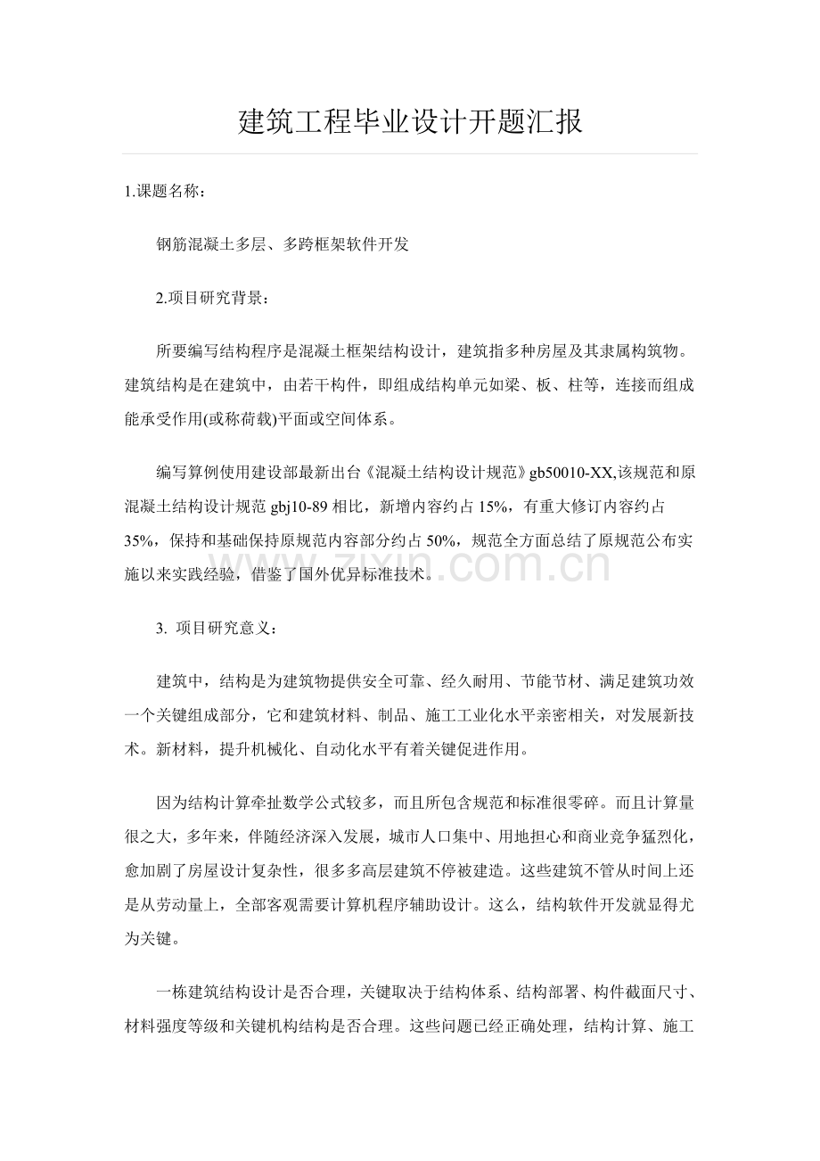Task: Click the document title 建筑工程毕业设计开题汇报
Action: coord(411,121)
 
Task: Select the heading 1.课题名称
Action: coord(168,191)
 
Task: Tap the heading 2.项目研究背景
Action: coord(210,298)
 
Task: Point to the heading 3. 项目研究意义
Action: coord(217,629)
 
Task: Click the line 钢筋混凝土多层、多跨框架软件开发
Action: coord(283,244)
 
